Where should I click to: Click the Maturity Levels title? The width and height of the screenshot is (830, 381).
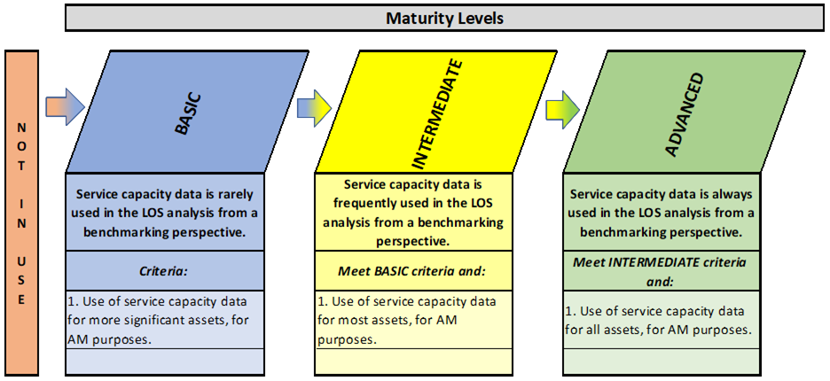click(444, 19)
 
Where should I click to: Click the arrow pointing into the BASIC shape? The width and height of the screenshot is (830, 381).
click(65, 107)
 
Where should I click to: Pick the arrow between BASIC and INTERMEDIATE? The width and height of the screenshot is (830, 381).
click(314, 107)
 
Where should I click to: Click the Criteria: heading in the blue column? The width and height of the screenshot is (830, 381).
click(165, 271)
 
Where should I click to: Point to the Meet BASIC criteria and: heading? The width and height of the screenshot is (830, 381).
click(411, 271)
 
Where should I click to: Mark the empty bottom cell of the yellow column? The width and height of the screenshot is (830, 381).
click(414, 362)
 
